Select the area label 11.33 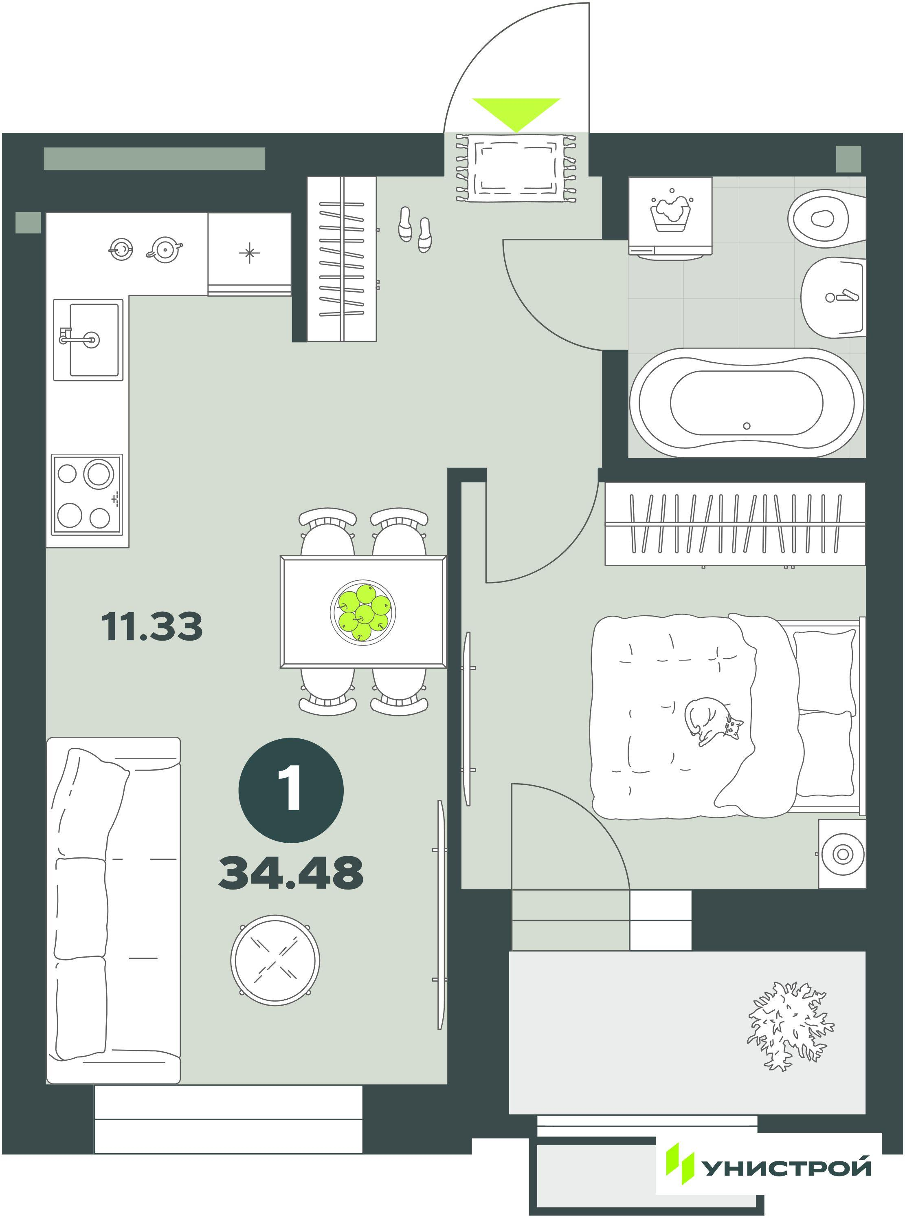point(152,627)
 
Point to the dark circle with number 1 point(291,790)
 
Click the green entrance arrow point(516,114)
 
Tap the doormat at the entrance point(516,167)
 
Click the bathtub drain point(746,425)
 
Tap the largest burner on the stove point(98,473)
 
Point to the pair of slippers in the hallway point(415,229)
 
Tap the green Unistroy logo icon point(680,1151)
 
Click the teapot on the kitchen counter point(164,249)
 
